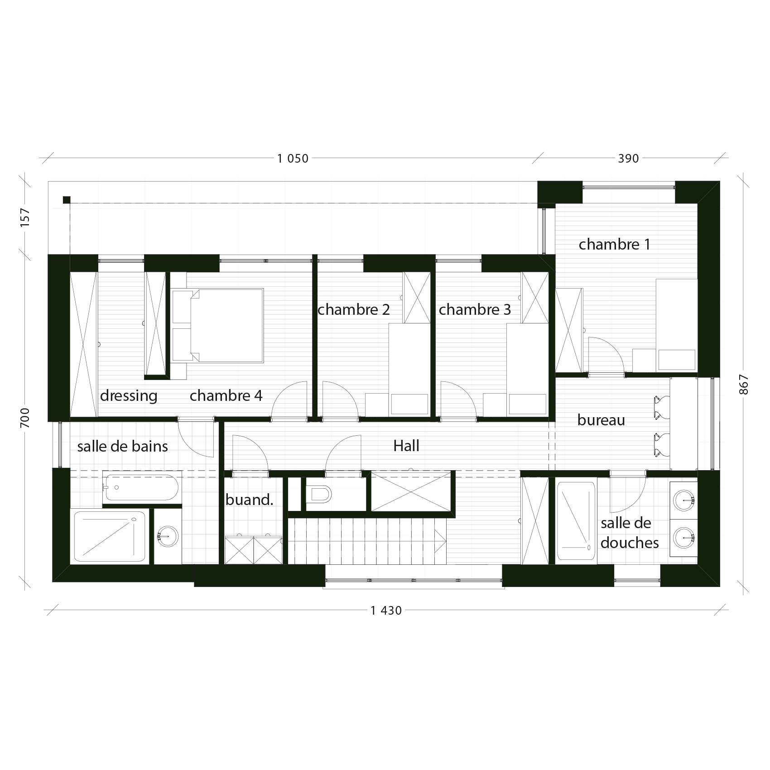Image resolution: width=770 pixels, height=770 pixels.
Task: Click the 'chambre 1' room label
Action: click(614, 245)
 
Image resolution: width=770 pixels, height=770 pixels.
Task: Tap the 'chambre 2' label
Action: click(354, 310)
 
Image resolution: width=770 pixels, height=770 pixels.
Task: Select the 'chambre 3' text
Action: click(475, 310)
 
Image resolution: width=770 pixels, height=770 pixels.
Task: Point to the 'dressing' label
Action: click(129, 396)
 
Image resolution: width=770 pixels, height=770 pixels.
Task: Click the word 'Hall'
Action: click(406, 446)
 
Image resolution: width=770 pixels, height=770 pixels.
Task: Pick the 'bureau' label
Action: click(601, 420)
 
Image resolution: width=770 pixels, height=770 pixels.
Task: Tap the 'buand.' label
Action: click(249, 500)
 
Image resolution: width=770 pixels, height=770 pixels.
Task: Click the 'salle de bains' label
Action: click(122, 447)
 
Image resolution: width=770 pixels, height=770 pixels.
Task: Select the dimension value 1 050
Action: click(293, 159)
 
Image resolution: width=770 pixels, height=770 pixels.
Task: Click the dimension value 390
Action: click(628, 159)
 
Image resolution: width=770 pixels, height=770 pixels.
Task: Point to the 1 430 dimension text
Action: click(386, 611)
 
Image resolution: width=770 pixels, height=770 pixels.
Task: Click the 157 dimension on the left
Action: click(26, 218)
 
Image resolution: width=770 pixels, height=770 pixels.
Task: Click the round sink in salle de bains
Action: click(168, 537)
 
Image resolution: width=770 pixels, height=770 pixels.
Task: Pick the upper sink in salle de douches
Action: click(683, 500)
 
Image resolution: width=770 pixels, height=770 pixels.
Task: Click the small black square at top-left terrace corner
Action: click(67, 200)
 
